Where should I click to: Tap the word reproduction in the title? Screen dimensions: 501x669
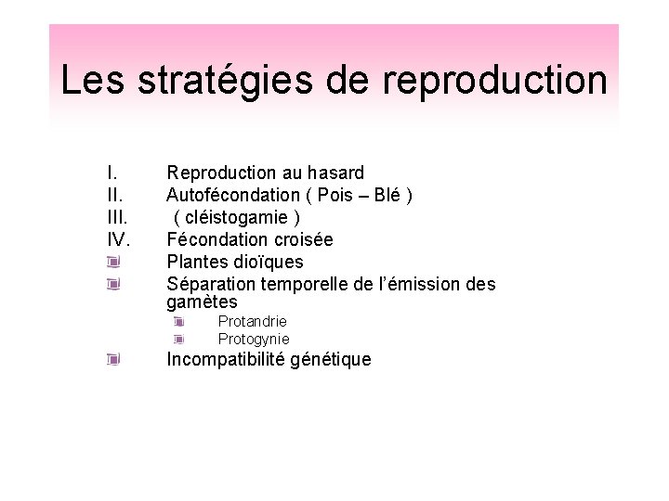(x=494, y=81)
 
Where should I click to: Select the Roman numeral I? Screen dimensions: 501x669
(x=111, y=173)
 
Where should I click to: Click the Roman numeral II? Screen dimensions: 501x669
(x=114, y=195)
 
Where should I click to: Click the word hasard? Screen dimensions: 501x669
(x=334, y=173)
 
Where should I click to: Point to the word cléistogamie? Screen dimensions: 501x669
(x=237, y=217)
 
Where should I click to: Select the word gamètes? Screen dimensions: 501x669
(x=202, y=302)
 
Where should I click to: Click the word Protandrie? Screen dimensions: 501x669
(x=252, y=321)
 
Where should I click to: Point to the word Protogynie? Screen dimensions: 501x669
(x=254, y=339)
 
